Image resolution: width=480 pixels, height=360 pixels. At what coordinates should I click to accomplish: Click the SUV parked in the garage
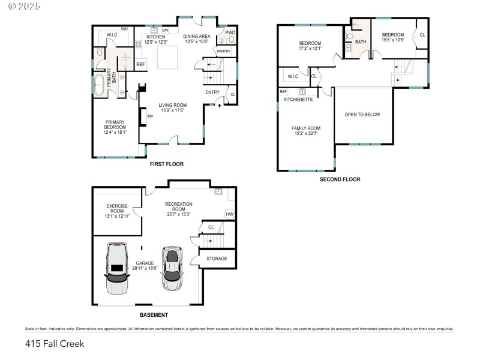[x=116, y=268]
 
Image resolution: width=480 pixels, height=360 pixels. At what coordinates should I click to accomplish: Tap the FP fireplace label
[x=150, y=116]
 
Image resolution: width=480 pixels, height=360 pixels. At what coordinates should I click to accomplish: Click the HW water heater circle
[x=229, y=214]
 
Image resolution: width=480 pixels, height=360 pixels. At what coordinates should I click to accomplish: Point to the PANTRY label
[x=223, y=51]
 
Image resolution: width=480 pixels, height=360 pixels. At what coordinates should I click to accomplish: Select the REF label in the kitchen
[x=140, y=64]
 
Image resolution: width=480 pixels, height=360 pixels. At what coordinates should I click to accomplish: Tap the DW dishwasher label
[x=166, y=30]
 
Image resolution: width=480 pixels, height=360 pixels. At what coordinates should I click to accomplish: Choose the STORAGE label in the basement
[x=217, y=259]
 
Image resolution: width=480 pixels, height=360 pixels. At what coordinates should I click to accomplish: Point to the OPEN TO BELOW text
[x=362, y=115]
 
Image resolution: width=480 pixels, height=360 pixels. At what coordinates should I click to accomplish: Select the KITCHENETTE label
[x=298, y=100]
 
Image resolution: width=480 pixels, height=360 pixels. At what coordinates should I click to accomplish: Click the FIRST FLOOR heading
[x=167, y=164]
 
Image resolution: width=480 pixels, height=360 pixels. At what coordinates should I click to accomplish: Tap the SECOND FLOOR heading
[x=340, y=179]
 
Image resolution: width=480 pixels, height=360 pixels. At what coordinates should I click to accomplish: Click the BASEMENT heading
[x=154, y=315]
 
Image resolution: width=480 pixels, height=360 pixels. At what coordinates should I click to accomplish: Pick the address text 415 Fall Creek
[x=55, y=344]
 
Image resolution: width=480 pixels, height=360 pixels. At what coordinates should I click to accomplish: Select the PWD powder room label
[x=230, y=32]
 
